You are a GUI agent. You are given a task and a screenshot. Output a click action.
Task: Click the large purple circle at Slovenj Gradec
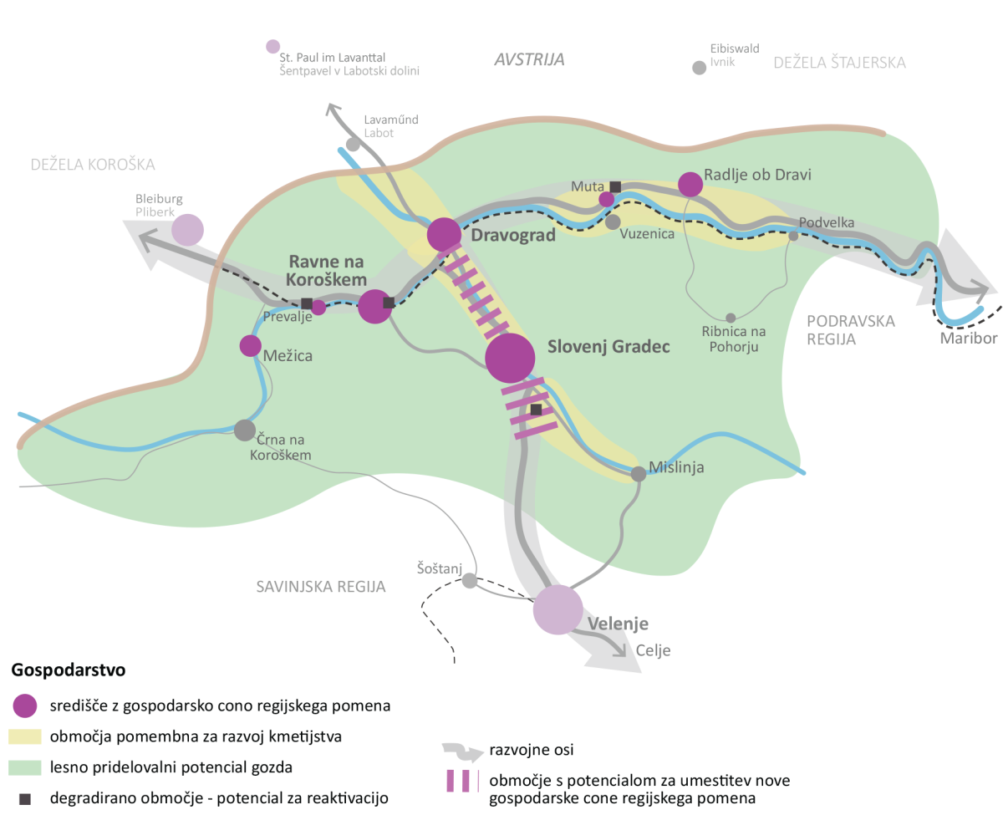[x=510, y=358]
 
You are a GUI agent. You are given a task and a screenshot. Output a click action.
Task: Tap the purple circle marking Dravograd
[x=444, y=235]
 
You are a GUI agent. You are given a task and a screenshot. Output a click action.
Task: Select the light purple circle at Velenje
[x=558, y=609]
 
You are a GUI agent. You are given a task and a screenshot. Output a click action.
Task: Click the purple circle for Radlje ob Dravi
[x=690, y=184]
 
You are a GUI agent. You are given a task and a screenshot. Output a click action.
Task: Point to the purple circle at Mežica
[x=251, y=346]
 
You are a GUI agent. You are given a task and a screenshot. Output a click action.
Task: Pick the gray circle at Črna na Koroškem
[x=245, y=430]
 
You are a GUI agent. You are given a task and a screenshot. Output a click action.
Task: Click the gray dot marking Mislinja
[x=639, y=474]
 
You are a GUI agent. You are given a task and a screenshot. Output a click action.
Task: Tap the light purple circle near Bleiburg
[x=187, y=230]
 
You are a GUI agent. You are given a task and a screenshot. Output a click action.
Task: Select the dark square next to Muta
[x=615, y=187]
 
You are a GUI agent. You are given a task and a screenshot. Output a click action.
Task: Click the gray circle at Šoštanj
[x=470, y=580]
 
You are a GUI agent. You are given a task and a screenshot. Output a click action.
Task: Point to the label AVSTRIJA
[x=529, y=60]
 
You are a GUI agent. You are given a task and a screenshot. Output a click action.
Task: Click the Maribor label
[x=969, y=338]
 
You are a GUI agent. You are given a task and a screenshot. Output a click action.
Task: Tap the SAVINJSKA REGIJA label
[x=321, y=587]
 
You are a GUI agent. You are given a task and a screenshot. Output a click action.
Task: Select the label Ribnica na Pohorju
[x=734, y=339]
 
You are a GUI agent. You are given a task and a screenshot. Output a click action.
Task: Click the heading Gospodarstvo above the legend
[x=69, y=670]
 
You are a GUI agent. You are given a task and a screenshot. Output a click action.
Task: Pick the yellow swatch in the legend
[x=25, y=736]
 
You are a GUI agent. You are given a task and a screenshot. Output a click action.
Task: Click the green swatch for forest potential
[x=25, y=767]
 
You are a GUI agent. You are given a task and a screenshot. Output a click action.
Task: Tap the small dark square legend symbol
[x=25, y=799]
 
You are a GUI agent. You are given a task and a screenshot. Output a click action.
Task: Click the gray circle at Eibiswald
[x=700, y=68]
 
